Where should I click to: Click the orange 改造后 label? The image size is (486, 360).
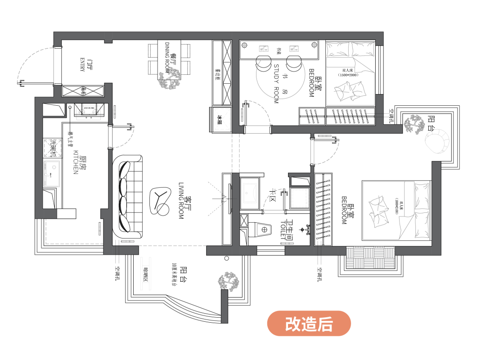point(309,324)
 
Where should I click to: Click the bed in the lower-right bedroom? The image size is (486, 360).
point(396,210)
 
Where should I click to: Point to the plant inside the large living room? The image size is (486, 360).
point(169,79)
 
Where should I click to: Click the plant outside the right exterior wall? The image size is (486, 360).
point(414,124)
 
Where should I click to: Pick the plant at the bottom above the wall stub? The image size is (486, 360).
point(229,282)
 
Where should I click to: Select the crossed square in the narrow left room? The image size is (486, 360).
point(53,148)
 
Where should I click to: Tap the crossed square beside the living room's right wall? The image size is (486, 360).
point(222,119)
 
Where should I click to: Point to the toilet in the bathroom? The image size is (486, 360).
point(264,229)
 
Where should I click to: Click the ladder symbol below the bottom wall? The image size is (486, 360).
point(145,273)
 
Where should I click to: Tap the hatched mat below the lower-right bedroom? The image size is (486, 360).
point(370,258)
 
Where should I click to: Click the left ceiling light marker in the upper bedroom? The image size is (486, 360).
point(244,45)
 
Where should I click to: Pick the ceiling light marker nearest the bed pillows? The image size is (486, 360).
point(315,45)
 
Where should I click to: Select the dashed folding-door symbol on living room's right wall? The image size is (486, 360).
point(219,198)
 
